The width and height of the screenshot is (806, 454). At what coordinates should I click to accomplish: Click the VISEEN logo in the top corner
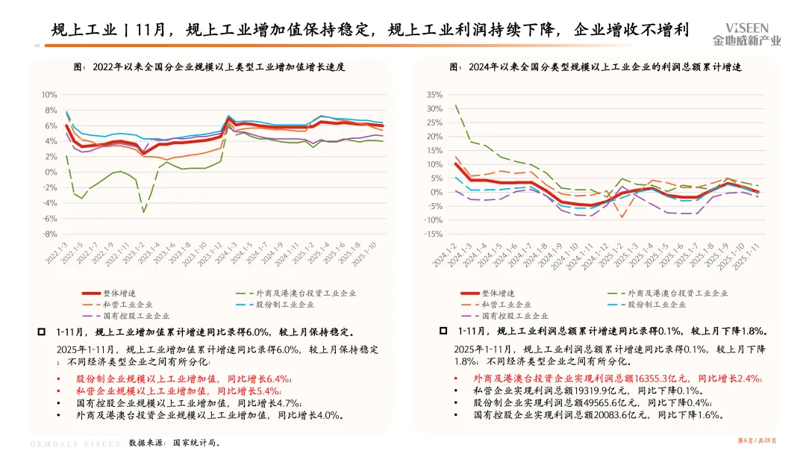746,34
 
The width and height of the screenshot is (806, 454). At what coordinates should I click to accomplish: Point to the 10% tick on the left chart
49,95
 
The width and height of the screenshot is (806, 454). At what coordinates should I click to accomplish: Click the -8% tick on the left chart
50,234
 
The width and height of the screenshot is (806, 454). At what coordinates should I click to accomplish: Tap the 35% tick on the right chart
434,95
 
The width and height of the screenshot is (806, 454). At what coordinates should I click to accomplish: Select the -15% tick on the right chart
434,234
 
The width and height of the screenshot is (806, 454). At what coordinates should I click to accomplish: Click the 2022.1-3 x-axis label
57,253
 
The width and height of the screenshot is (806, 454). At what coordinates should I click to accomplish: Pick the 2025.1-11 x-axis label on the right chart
746,256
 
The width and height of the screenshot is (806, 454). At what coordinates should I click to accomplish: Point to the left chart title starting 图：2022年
209,67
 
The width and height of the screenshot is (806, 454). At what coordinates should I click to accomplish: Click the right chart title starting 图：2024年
596,67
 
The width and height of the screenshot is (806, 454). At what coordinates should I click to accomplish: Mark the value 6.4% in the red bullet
278,379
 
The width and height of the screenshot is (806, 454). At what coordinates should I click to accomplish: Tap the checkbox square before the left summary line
42,332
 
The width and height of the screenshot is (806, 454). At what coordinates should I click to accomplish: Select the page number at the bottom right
757,441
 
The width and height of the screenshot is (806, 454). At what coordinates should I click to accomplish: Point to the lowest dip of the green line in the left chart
143,212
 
